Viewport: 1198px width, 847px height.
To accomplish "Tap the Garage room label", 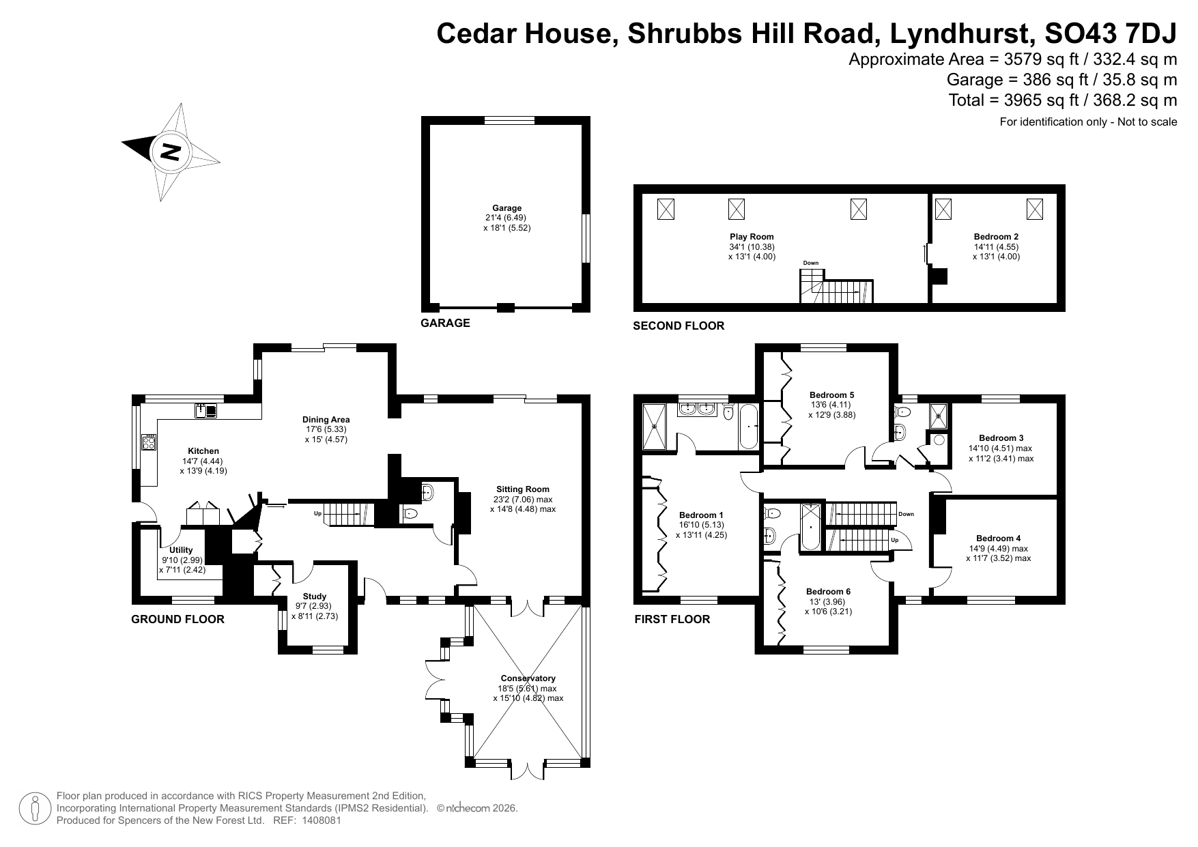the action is click(x=507, y=208).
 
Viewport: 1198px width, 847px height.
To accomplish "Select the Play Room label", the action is click(x=752, y=237).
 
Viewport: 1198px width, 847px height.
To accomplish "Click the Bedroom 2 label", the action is click(x=996, y=237).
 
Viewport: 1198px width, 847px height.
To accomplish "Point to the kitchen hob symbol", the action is click(x=149, y=442).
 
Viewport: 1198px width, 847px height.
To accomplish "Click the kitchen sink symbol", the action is click(x=205, y=410).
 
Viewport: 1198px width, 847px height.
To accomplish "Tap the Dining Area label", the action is click(x=326, y=420).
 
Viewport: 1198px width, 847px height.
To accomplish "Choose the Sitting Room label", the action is click(x=523, y=489).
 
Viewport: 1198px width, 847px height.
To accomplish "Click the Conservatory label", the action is click(x=528, y=678).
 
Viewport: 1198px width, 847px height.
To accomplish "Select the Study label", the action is click(x=315, y=597).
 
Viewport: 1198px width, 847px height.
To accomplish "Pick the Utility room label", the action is click(x=182, y=550).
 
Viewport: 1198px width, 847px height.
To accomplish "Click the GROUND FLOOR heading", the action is click(x=177, y=620).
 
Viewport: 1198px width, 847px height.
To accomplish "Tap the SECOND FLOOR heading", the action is click(x=679, y=326).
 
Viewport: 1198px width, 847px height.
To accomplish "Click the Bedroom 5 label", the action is click(x=831, y=394).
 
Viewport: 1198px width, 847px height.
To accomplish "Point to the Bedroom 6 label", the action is click(x=828, y=592).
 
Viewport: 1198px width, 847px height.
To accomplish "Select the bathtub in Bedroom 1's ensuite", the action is click(x=748, y=427).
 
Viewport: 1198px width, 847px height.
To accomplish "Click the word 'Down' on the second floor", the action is click(x=810, y=263).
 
